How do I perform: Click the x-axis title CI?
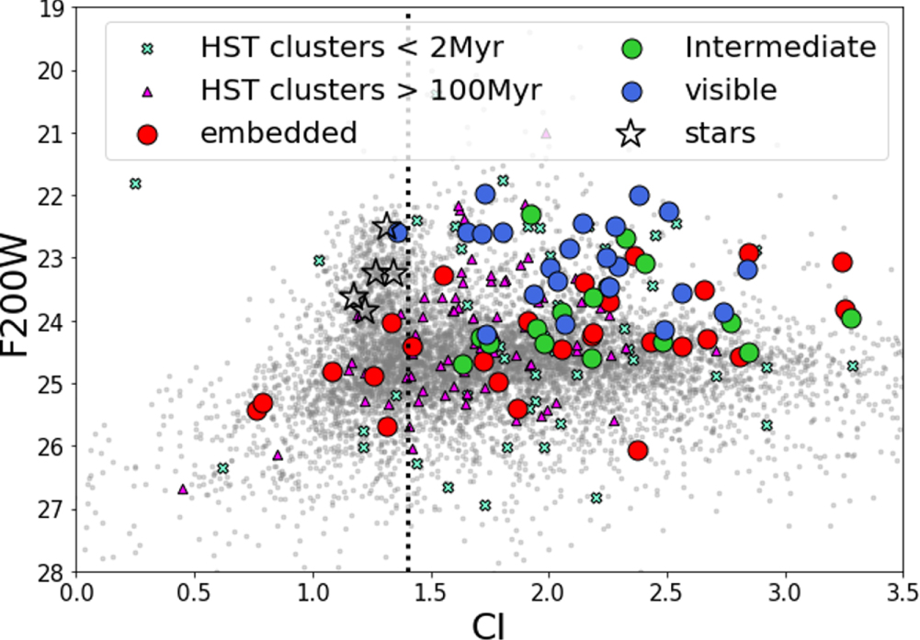click(x=490, y=624)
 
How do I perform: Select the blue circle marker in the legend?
click(x=630, y=90)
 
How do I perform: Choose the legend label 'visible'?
click(x=731, y=90)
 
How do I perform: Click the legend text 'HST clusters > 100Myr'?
click(x=371, y=90)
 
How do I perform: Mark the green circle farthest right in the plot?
click(x=851, y=319)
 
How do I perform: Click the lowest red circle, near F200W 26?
click(x=638, y=450)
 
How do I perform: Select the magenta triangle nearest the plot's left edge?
click(x=182, y=489)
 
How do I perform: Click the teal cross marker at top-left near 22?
click(x=136, y=184)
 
